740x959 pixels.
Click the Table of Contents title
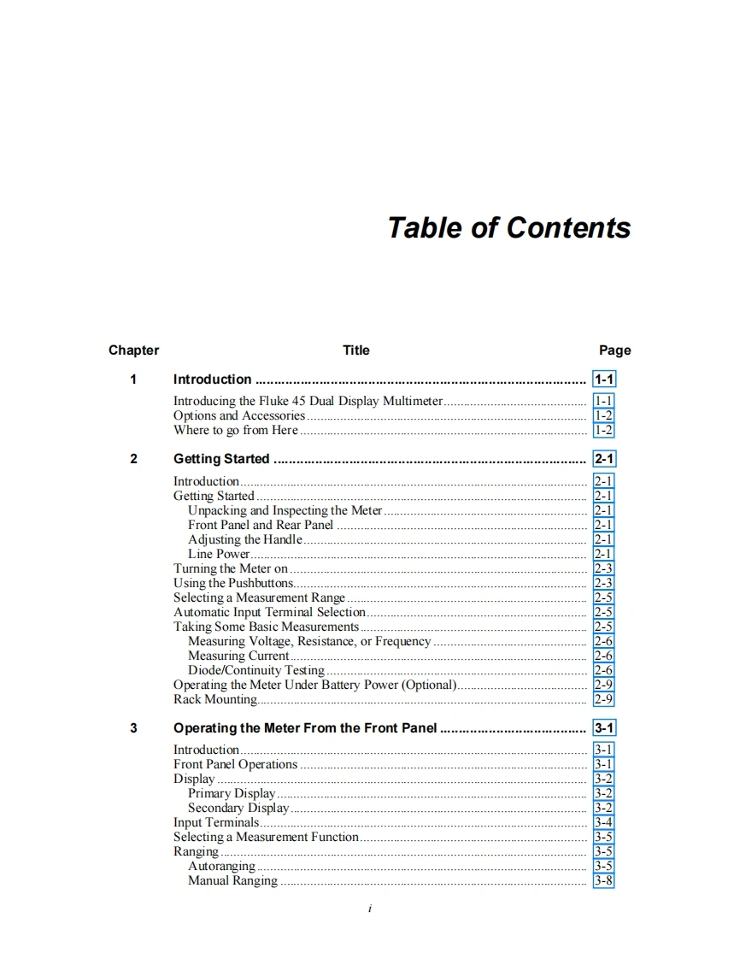pos(508,228)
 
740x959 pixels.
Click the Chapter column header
pos(133,350)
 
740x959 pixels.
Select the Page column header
pos(614,350)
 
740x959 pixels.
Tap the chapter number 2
pos(133,459)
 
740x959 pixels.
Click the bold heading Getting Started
pos(221,459)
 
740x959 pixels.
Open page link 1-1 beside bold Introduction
pos(604,379)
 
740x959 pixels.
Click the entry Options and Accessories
pos(239,416)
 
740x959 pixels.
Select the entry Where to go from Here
pos(236,431)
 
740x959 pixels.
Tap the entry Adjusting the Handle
pos(245,540)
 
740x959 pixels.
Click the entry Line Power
pos(219,555)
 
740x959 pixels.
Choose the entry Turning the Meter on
pos(231,569)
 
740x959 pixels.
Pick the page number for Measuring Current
pos(603,656)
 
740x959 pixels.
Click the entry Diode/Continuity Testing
pos(256,671)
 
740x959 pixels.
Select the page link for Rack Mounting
pos(603,700)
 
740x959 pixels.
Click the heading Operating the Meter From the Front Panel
pos(305,728)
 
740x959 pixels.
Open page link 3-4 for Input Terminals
pos(603,823)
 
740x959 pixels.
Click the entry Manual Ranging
pos(232,881)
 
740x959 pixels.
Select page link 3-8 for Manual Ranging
pos(603,881)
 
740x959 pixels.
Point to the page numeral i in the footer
pos(369,909)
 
